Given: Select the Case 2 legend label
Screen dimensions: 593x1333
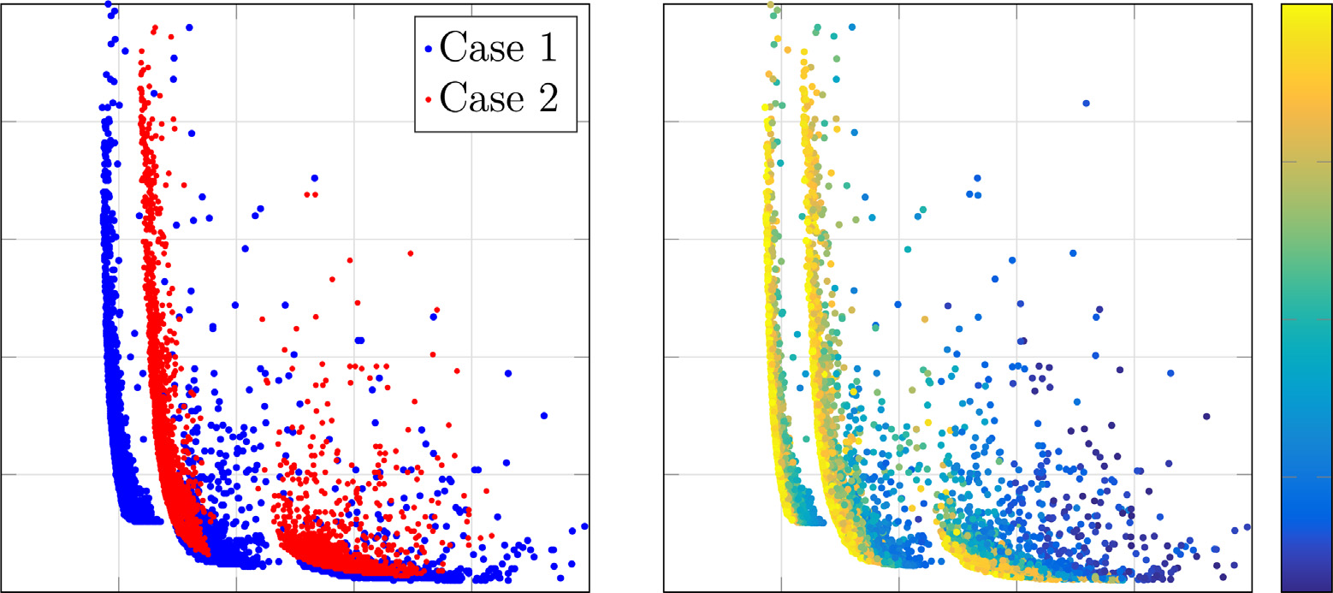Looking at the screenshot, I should [x=497, y=99].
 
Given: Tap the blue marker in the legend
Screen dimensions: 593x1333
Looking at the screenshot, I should [x=428, y=50].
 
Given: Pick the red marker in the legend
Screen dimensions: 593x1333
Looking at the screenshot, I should [x=428, y=101].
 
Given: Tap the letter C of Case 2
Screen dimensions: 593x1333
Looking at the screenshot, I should [x=451, y=99].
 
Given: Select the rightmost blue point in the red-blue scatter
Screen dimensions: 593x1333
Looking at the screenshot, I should [x=584, y=526].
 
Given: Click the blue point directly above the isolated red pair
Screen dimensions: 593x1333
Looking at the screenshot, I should [x=315, y=178].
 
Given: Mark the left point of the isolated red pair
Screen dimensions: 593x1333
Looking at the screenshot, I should [x=306, y=195].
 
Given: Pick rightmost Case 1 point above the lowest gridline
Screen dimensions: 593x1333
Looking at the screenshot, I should [x=544, y=416].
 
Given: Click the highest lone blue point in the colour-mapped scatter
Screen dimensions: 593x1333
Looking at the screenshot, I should [x=1086, y=103].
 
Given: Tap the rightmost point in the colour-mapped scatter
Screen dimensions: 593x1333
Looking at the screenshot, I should [x=1247, y=526].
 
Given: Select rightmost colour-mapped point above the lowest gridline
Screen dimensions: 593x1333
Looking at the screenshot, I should [x=1206, y=416].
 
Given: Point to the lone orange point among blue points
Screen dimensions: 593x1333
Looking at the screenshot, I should [x=925, y=319].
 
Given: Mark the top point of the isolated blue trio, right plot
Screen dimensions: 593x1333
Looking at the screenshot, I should [x=977, y=178].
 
